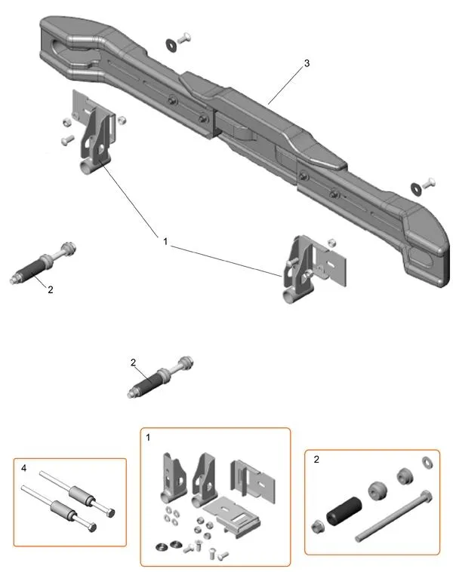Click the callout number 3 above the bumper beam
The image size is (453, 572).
pos(307,64)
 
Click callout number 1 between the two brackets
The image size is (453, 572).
pos(165,240)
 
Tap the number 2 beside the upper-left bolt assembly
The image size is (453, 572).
pos(50,289)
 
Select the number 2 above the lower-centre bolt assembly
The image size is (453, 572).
pos(134,362)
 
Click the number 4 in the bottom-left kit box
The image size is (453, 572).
pos(24,468)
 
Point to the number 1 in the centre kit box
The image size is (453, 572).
pos(149,437)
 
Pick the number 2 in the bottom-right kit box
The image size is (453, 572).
pos(315,459)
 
